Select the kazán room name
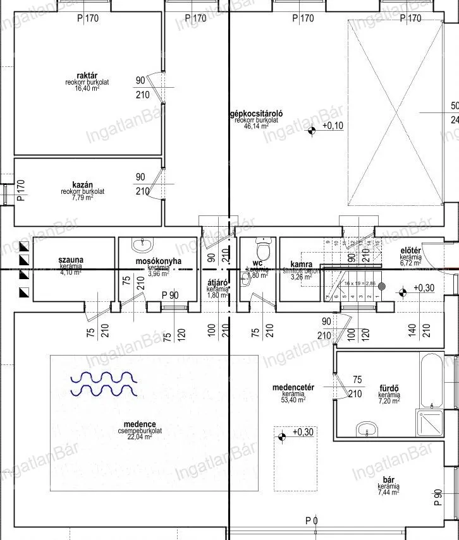coord(82,182)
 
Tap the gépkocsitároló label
coord(255,114)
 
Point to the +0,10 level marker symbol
coord(312,131)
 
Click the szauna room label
coord(71,260)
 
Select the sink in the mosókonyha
coord(142,244)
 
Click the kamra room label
coord(301,265)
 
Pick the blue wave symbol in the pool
coord(104,383)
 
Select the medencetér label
coord(290,387)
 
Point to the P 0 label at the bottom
coord(311,521)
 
